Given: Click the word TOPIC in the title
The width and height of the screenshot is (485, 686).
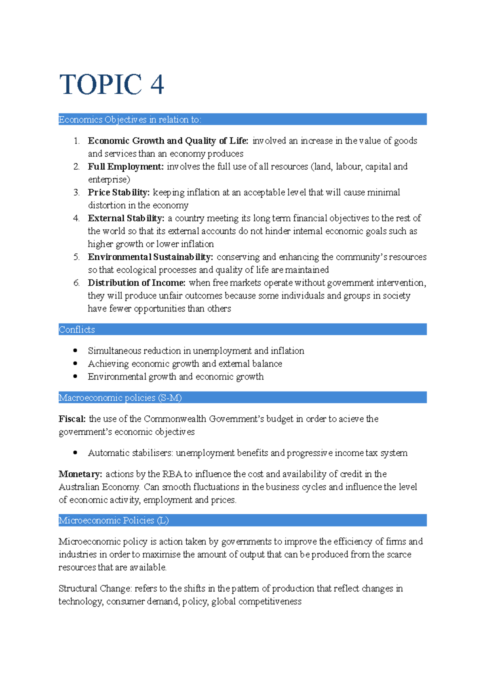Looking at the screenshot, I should tap(101, 84).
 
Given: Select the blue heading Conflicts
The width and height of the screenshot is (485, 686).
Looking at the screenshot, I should tap(77, 330).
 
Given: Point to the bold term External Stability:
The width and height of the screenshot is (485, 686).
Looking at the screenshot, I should tap(126, 218).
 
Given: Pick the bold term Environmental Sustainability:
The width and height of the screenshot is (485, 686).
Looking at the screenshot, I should tap(150, 257).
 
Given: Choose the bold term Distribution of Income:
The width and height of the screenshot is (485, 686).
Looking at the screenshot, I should tap(137, 283).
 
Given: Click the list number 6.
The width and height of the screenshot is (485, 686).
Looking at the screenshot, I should tap(76, 283).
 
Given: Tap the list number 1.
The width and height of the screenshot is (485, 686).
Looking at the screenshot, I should tap(76, 141).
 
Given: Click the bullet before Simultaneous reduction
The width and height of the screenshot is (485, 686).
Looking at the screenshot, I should tap(75, 350).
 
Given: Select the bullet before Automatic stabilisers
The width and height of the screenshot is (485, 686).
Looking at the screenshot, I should tap(75, 452).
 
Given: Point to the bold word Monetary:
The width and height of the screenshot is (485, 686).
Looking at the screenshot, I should tap(80, 474).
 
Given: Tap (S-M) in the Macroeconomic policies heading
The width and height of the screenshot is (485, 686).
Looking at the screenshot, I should tap(170, 398).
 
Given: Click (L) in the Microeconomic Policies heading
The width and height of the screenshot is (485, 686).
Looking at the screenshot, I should tap(162, 520).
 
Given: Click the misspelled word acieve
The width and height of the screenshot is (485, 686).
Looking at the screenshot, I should tap(351, 419).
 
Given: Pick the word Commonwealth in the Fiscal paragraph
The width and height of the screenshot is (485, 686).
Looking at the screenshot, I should tap(175, 419).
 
